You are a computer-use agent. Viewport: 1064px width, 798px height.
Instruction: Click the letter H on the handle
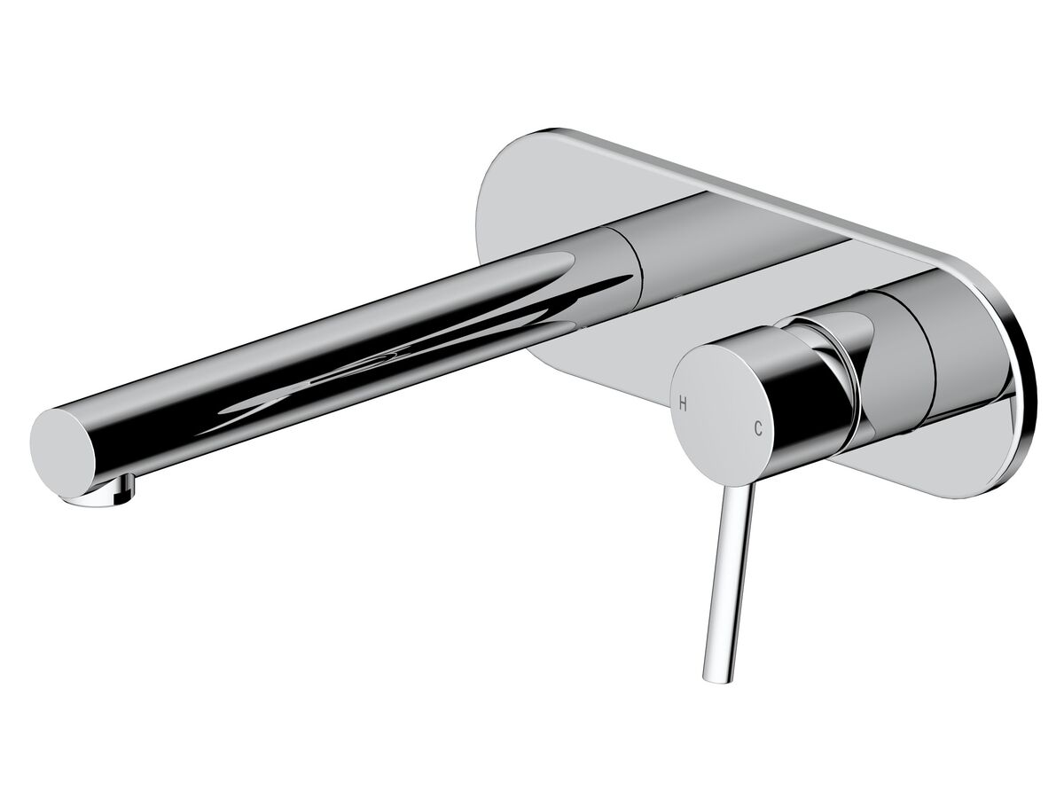[x=683, y=401]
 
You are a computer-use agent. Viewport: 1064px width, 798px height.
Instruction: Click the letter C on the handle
[x=758, y=429]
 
